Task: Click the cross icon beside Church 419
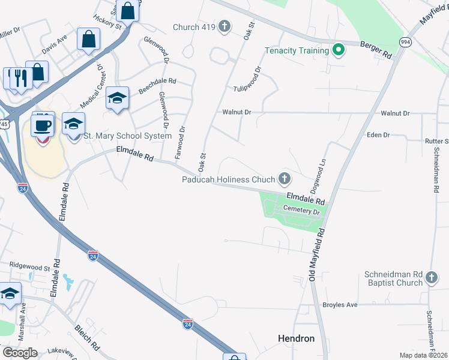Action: coord(224,26)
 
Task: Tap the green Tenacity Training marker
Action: coord(338,50)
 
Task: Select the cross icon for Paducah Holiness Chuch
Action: coord(285,179)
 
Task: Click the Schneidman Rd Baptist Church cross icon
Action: coord(432,278)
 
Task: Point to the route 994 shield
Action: coord(405,41)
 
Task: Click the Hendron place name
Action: coord(297,338)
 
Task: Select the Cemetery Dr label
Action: coord(303,210)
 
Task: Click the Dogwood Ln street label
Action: coord(322,172)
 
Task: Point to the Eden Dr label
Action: coord(378,136)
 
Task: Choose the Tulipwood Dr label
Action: coord(248,79)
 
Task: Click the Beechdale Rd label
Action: coord(157,81)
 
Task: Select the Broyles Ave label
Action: coord(340,305)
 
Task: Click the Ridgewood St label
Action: coord(29,266)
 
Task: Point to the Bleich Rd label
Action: coord(87,338)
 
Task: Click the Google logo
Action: coord(20,352)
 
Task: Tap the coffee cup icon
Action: coord(43,125)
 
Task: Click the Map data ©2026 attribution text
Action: coord(423,355)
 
